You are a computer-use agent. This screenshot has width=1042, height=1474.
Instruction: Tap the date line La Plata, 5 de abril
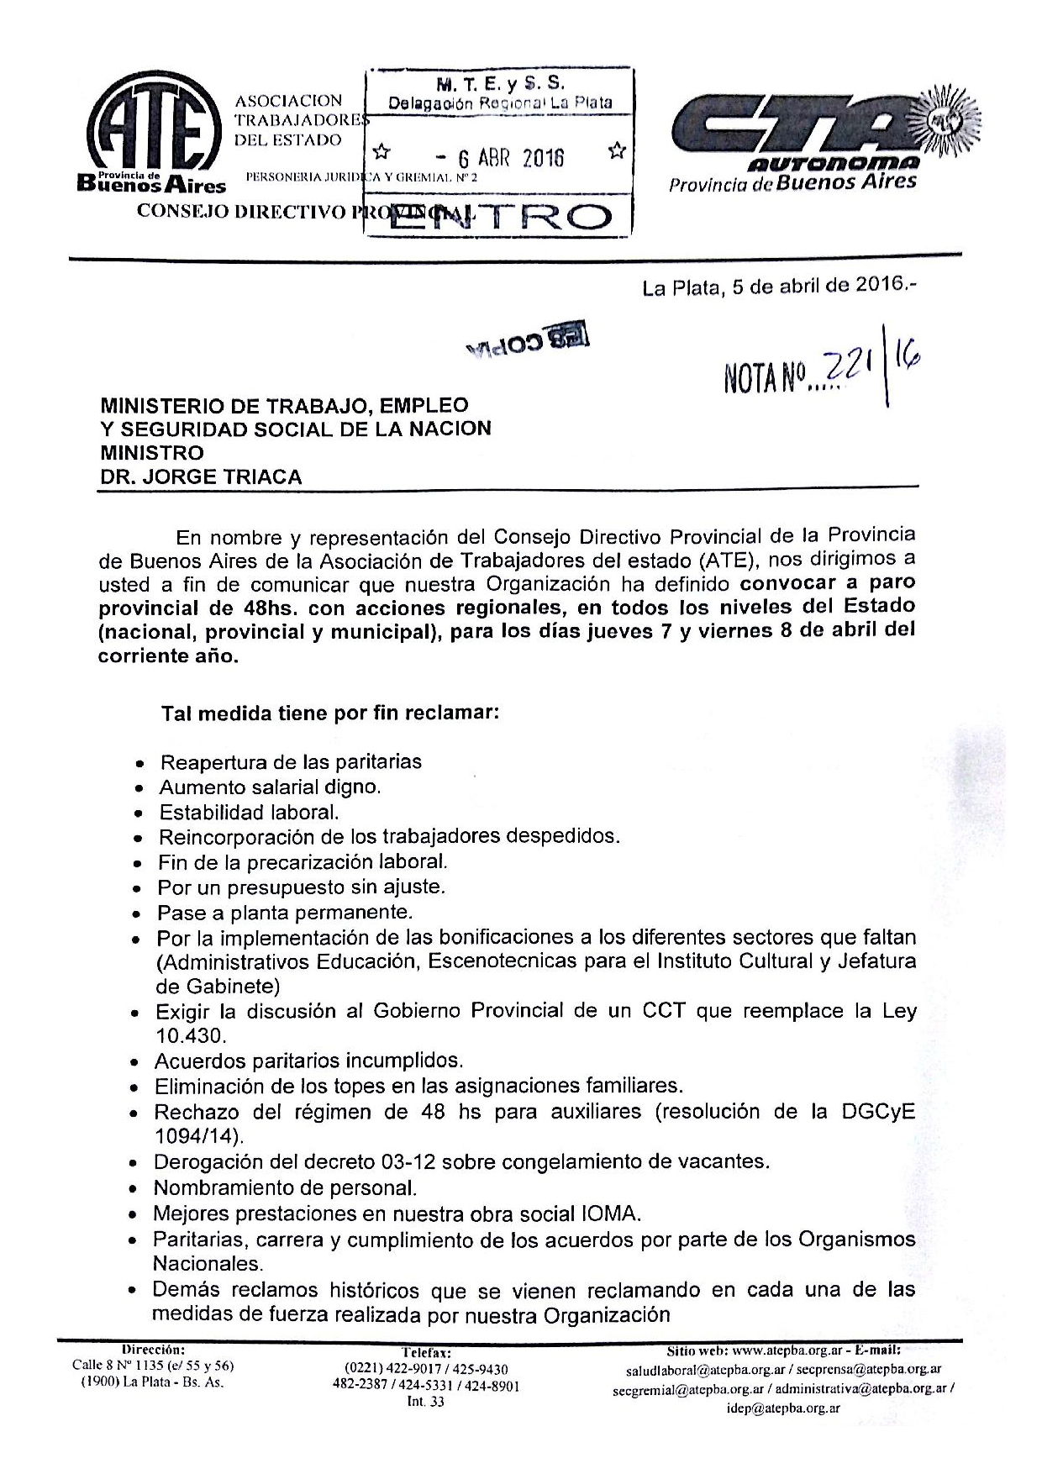coord(780,287)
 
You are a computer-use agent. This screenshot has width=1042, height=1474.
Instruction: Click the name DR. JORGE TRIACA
coord(201,477)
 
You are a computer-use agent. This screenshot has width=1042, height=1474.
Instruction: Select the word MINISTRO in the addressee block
coord(152,452)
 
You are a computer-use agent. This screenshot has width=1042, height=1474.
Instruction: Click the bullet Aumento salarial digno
coord(270,787)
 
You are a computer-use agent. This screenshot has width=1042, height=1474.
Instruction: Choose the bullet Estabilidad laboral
coord(249,813)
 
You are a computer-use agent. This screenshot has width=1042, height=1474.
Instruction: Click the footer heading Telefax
coord(426,1353)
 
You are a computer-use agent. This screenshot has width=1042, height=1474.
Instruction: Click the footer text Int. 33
coord(426,1401)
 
